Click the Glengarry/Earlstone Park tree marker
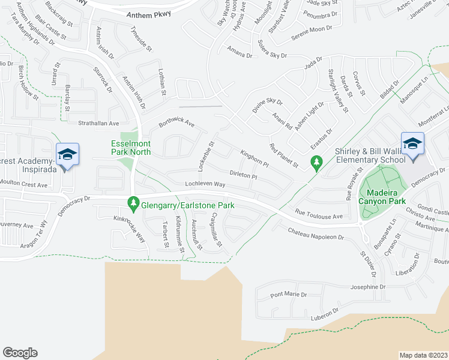click(x=133, y=205)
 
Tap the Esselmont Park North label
click(x=131, y=148)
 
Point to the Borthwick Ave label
click(x=176, y=124)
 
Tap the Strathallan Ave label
click(x=100, y=122)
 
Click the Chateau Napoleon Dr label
click(x=315, y=233)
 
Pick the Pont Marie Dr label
click(x=288, y=295)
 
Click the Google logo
click(x=20, y=353)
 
